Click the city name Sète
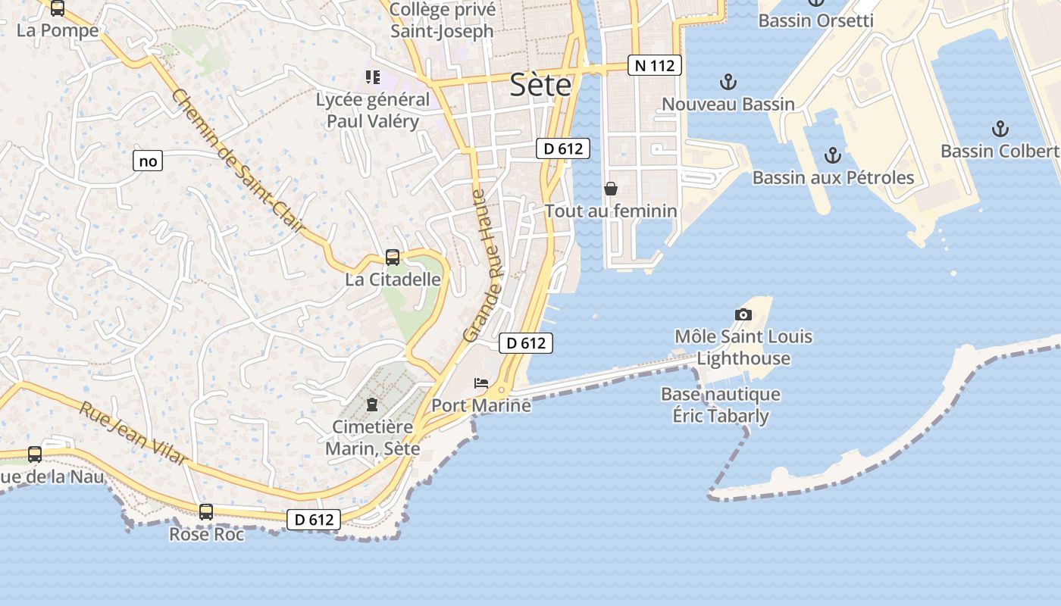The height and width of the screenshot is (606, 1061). pyautogui.click(x=540, y=85)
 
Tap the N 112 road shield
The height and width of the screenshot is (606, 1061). pyautogui.click(x=655, y=65)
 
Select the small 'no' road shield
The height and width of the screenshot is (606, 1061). pyautogui.click(x=148, y=161)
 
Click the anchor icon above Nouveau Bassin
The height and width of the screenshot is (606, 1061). pyautogui.click(x=728, y=81)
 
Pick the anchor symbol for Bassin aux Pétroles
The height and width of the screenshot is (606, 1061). pyautogui.click(x=833, y=155)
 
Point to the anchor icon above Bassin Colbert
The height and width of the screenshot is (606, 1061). pyautogui.click(x=1000, y=128)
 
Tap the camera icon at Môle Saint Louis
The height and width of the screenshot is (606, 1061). pyautogui.click(x=743, y=314)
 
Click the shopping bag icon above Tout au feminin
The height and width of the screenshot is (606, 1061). pyautogui.click(x=611, y=188)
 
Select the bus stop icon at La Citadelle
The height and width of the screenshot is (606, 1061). pyautogui.click(x=393, y=258)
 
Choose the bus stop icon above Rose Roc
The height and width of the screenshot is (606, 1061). pyautogui.click(x=206, y=512)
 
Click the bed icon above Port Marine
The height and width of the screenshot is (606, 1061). pyautogui.click(x=481, y=383)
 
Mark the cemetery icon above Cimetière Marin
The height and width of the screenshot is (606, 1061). pyautogui.click(x=372, y=405)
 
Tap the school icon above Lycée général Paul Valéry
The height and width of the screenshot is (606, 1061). pyautogui.click(x=372, y=77)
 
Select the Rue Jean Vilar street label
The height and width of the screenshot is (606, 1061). pyautogui.click(x=133, y=433)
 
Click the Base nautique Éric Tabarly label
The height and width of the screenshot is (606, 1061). pyautogui.click(x=721, y=405)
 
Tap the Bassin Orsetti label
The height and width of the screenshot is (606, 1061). pyautogui.click(x=815, y=20)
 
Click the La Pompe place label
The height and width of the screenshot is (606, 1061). pyautogui.click(x=58, y=30)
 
